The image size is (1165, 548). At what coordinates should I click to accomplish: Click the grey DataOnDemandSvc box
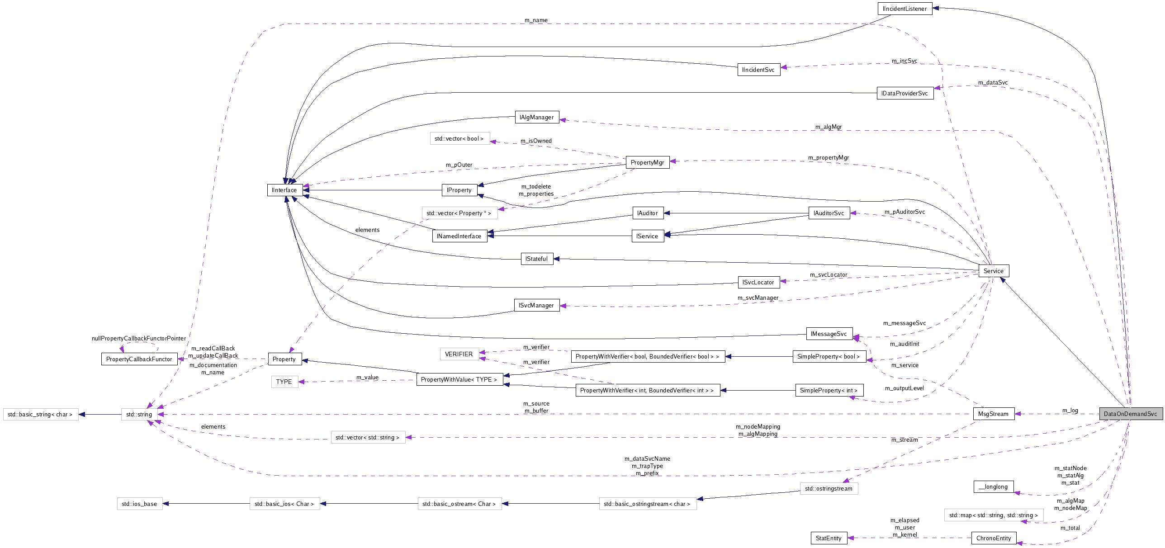[1130, 414]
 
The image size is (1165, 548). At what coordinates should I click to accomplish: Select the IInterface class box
[284, 190]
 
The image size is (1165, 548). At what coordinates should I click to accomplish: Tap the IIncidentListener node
[905, 9]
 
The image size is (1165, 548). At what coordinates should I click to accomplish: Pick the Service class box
[993, 271]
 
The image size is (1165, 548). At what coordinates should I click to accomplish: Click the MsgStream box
[993, 414]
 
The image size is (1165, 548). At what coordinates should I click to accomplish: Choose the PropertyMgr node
[647, 162]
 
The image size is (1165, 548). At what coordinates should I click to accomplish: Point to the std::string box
[139, 414]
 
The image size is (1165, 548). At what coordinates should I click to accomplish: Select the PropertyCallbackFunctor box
[139, 359]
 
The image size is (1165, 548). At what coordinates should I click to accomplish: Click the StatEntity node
[829, 538]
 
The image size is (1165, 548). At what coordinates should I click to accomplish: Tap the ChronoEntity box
[994, 538]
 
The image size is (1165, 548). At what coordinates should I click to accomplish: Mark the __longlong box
[993, 487]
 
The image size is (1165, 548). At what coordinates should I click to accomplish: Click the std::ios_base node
[139, 504]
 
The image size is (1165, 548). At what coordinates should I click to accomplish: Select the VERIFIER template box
[459, 354]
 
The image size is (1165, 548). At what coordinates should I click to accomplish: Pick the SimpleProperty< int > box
[829, 390]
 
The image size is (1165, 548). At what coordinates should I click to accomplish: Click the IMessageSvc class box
[829, 334]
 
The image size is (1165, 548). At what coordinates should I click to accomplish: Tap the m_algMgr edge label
[829, 127]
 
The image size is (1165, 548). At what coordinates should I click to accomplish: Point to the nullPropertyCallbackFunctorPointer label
[139, 338]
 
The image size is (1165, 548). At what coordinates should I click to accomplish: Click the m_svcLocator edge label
[829, 274]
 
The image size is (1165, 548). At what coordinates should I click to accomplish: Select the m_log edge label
[1070, 411]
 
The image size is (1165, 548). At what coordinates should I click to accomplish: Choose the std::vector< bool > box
[459, 138]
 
